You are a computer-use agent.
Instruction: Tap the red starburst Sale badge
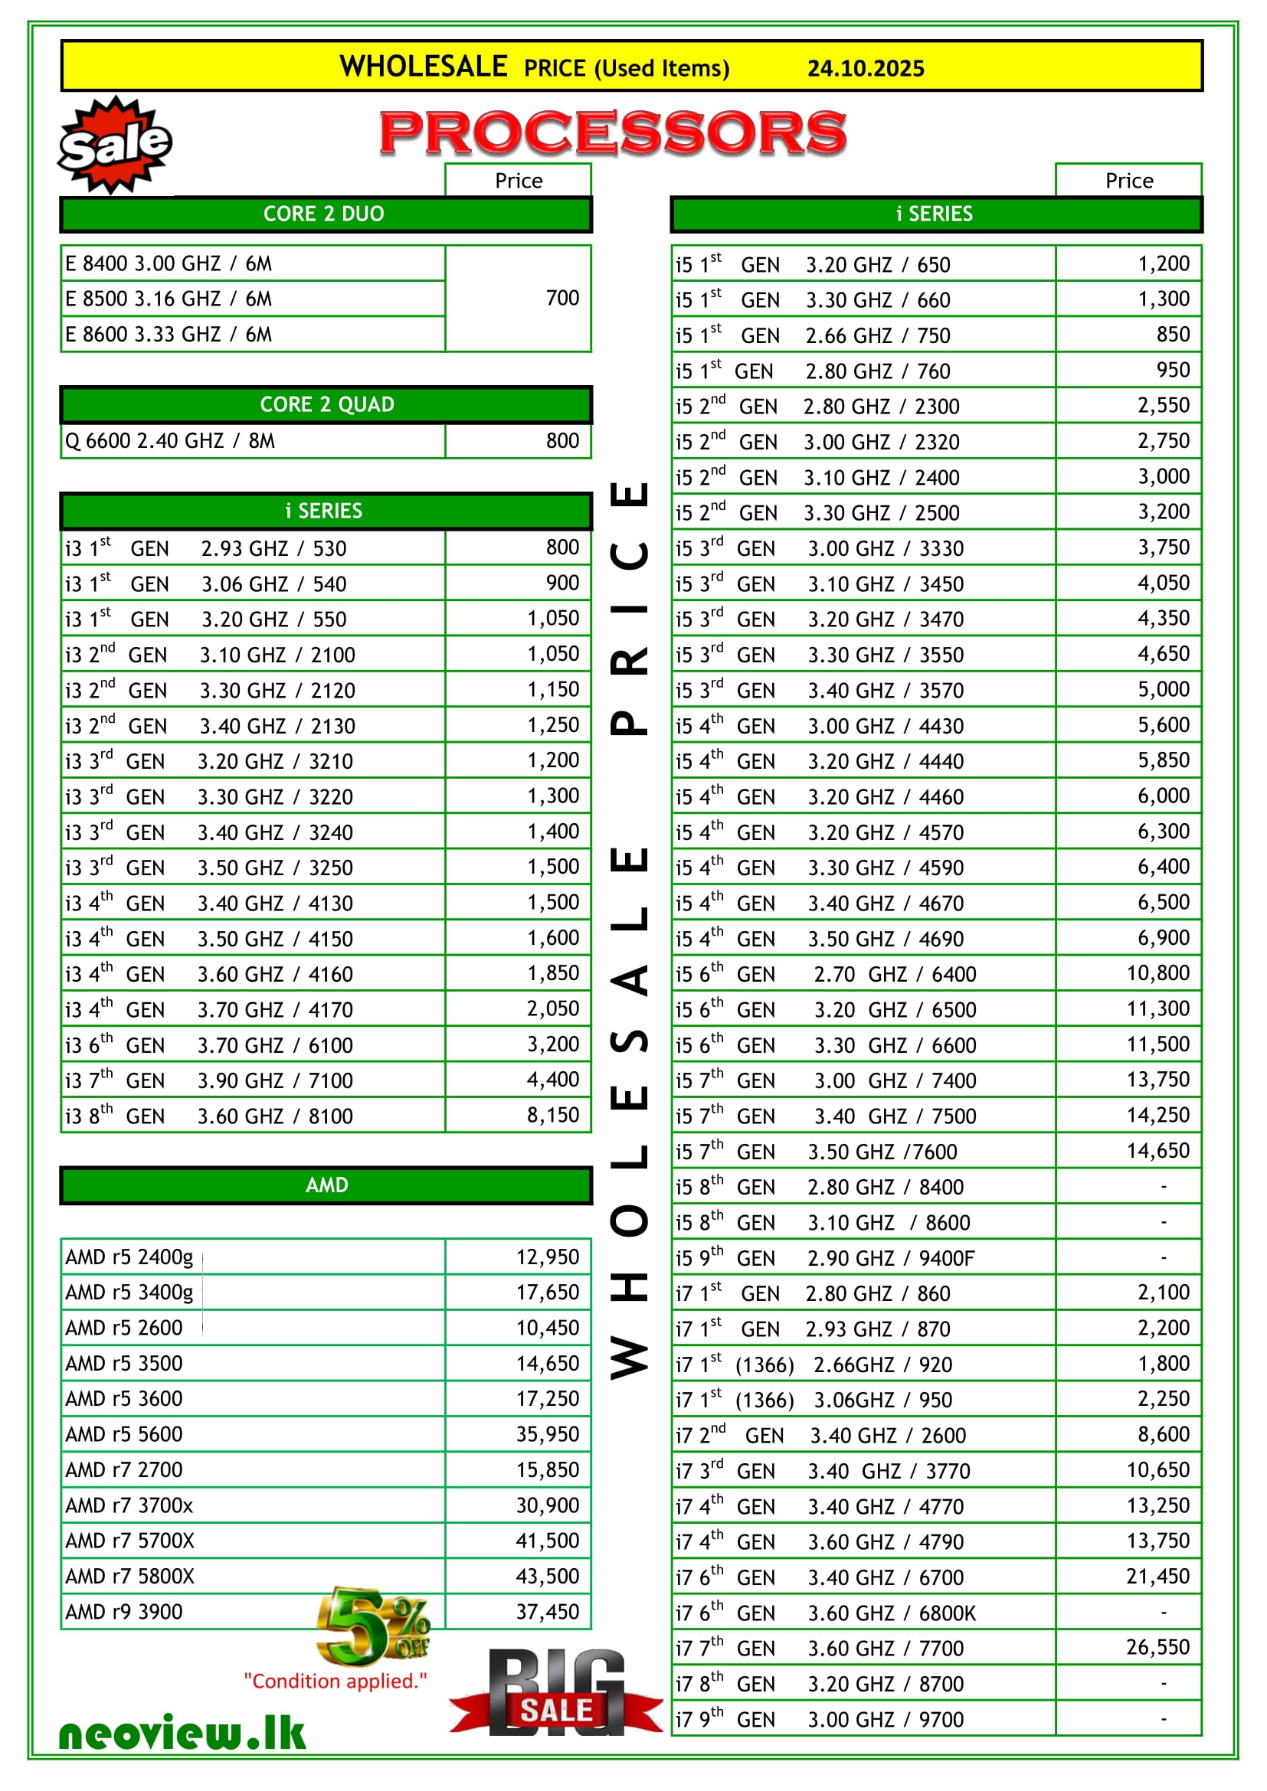pyautogui.click(x=116, y=144)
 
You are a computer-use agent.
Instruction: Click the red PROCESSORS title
pyautogui.click(x=614, y=132)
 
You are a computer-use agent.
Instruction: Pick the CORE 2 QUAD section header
pyautogui.click(x=326, y=404)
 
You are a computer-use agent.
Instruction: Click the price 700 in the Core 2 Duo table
pyautogui.click(x=561, y=298)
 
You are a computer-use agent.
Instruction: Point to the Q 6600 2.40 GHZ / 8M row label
pyautogui.click(x=170, y=442)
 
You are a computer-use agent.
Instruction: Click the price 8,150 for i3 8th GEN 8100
pyautogui.click(x=552, y=1115)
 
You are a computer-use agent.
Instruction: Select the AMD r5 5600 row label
pyautogui.click(x=124, y=1433)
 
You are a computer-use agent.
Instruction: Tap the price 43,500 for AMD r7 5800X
pyautogui.click(x=547, y=1576)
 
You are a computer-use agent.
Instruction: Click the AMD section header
pyautogui.click(x=326, y=1185)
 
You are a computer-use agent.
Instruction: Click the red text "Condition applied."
pyautogui.click(x=336, y=1681)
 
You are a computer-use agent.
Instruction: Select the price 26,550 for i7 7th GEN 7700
pyautogui.click(x=1157, y=1647)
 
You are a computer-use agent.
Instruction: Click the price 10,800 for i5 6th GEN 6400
pyautogui.click(x=1157, y=972)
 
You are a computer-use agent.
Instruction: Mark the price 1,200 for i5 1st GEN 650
pyautogui.click(x=1164, y=263)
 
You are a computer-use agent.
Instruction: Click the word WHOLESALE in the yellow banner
pyautogui.click(x=424, y=67)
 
